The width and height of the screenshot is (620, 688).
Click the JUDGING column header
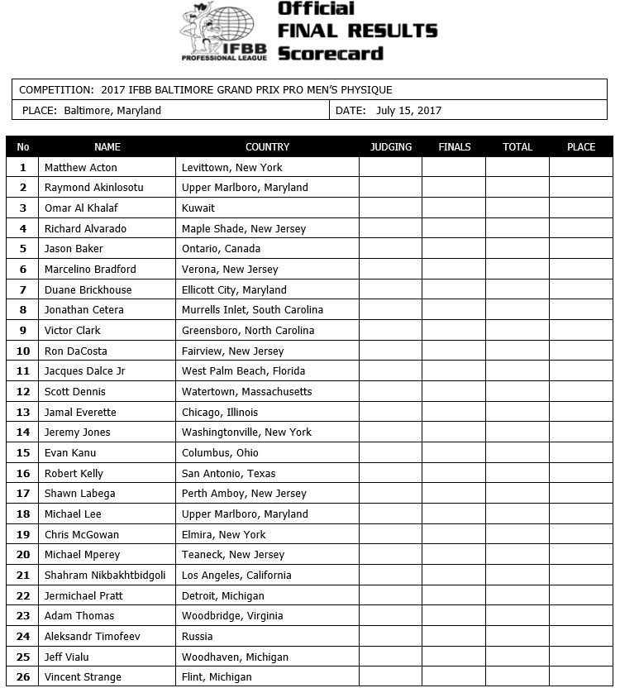[390, 147]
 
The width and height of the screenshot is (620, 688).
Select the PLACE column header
[581, 147]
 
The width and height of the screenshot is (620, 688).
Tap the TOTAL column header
[517, 147]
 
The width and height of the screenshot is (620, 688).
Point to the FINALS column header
[454, 147]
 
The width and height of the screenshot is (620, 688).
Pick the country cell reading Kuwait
[198, 208]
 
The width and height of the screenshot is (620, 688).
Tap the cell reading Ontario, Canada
[221, 249]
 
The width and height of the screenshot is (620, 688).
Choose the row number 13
[23, 412]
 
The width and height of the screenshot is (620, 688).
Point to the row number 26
[23, 677]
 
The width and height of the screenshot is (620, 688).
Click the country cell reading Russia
[197, 637]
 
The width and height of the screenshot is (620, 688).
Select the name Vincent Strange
[83, 677]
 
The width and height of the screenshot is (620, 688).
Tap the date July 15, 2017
[408, 110]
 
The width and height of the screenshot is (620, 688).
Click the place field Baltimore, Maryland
[112, 110]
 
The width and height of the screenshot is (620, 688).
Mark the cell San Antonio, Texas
[229, 474]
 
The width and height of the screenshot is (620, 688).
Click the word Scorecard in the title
[331, 54]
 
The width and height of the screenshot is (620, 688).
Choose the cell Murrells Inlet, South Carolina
[252, 310]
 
